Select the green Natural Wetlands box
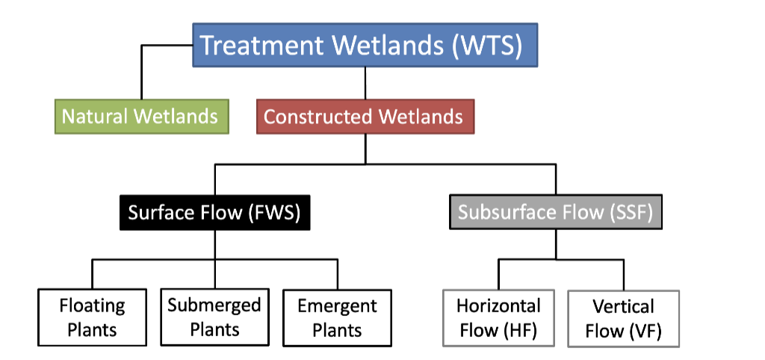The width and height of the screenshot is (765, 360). (x=141, y=117)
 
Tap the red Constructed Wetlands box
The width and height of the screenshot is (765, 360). (x=365, y=117)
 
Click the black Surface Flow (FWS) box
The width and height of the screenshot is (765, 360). (x=214, y=212)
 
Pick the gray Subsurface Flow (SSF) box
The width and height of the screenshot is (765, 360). (x=556, y=212)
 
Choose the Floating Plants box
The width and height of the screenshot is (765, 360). (x=92, y=317)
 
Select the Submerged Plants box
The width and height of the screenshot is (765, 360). (x=214, y=317)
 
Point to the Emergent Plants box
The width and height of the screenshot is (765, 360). (x=337, y=317)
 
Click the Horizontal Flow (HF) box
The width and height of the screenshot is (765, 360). (x=499, y=317)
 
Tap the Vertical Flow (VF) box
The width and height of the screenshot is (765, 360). (x=623, y=318)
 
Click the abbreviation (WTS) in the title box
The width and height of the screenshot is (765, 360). (x=487, y=46)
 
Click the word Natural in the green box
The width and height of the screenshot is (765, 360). (x=92, y=117)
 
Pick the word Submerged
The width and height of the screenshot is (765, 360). (x=214, y=305)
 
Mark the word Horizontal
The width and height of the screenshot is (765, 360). (x=499, y=306)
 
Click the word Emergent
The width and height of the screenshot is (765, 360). (x=337, y=306)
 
